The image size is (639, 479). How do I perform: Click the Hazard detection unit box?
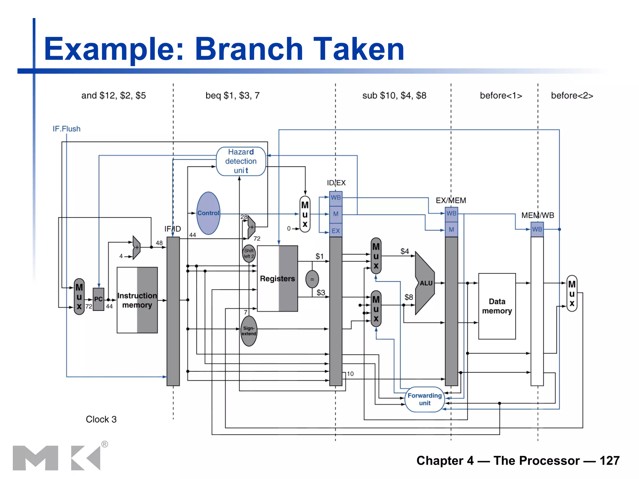coord(241,161)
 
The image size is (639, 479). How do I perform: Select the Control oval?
coord(208,213)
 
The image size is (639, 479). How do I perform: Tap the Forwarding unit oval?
coord(425,399)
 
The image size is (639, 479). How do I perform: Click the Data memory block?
coord(497,306)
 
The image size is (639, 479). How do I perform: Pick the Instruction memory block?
coord(137,300)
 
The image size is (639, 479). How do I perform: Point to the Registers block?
coord(277,278)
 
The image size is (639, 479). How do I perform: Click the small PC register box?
coord(98,299)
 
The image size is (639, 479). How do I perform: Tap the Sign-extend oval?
coord(249,331)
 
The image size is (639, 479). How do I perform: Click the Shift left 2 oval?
coord(249,253)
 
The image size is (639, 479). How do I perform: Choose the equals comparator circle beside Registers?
coord(312,279)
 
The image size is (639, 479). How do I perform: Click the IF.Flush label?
coord(66,129)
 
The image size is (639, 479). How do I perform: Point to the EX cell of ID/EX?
coord(336,231)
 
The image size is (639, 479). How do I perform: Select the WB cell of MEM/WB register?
coord(537,229)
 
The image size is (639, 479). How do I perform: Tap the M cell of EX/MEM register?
coord(451,230)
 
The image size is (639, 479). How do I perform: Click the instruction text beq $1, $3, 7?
coord(232,95)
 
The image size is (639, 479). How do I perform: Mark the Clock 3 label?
coord(101,419)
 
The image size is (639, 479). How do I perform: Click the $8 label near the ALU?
coord(409,297)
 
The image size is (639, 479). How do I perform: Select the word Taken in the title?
coord(359,49)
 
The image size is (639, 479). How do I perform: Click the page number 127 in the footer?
coord(609,461)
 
